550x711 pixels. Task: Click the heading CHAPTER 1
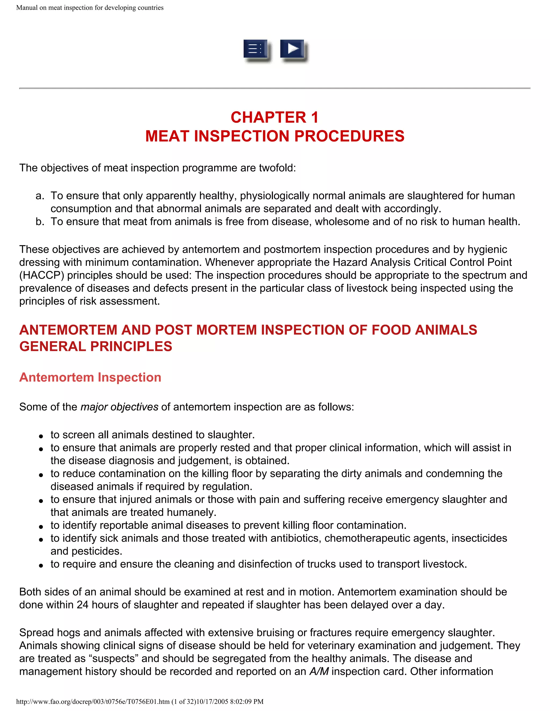[x=275, y=118]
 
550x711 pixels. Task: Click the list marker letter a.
[x=40, y=196]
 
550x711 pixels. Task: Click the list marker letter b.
[x=40, y=222]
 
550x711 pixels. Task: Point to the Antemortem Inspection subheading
[x=90, y=377]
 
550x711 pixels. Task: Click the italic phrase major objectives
[x=119, y=407]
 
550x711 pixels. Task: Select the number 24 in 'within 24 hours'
[x=83, y=605]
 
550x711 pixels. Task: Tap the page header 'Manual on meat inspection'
[x=90, y=8]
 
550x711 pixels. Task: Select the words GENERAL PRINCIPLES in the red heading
[x=95, y=346]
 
